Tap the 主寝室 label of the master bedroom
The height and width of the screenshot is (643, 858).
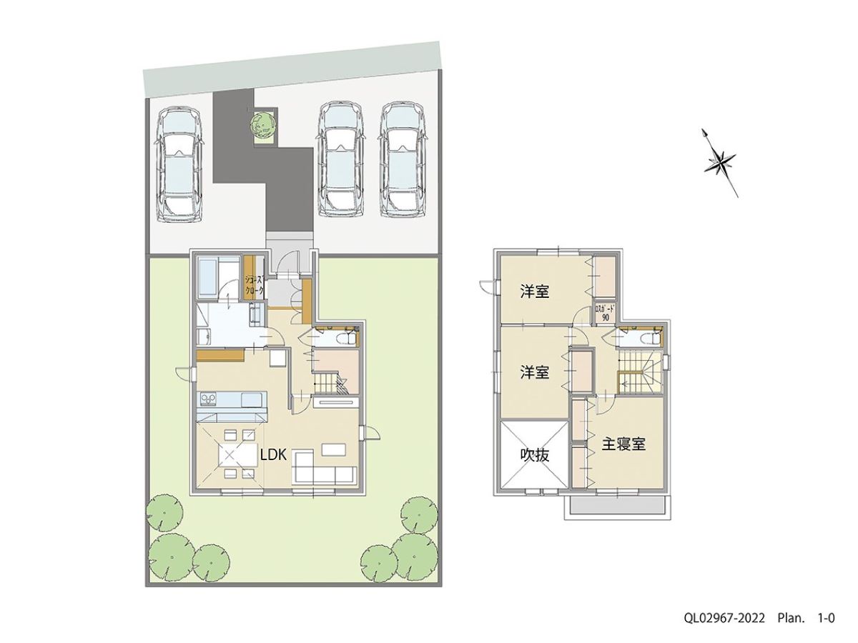623,444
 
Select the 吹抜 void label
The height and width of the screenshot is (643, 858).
534,455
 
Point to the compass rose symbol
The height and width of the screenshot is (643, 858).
721,161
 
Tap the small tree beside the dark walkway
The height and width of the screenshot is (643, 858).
262,125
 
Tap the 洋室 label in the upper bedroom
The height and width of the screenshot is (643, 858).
534,291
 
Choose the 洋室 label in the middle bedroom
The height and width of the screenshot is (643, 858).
534,372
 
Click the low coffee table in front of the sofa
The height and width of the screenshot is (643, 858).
334,449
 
